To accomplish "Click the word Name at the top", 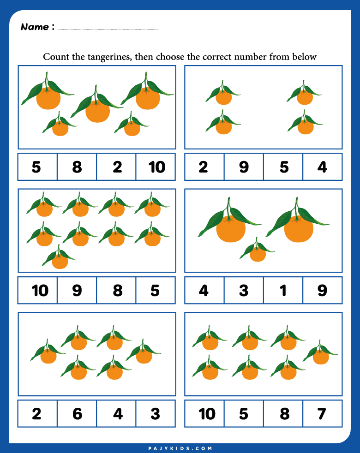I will (35, 27).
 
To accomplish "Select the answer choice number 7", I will (322, 413).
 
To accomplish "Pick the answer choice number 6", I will (77, 413).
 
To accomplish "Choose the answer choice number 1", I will (283, 290).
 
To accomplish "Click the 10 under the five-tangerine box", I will (156, 167).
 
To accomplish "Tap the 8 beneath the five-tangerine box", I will (77, 167).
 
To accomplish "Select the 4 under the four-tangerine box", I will (322, 167).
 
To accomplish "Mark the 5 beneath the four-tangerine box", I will (283, 167).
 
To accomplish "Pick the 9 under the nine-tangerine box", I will (77, 290).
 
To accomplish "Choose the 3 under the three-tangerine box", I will (244, 290).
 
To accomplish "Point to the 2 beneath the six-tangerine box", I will (37, 413).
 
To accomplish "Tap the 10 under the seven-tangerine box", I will (206, 413).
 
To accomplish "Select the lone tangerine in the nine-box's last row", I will (60, 261).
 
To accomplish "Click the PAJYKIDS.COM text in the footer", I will (180, 448).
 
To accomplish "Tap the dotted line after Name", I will (108, 30).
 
